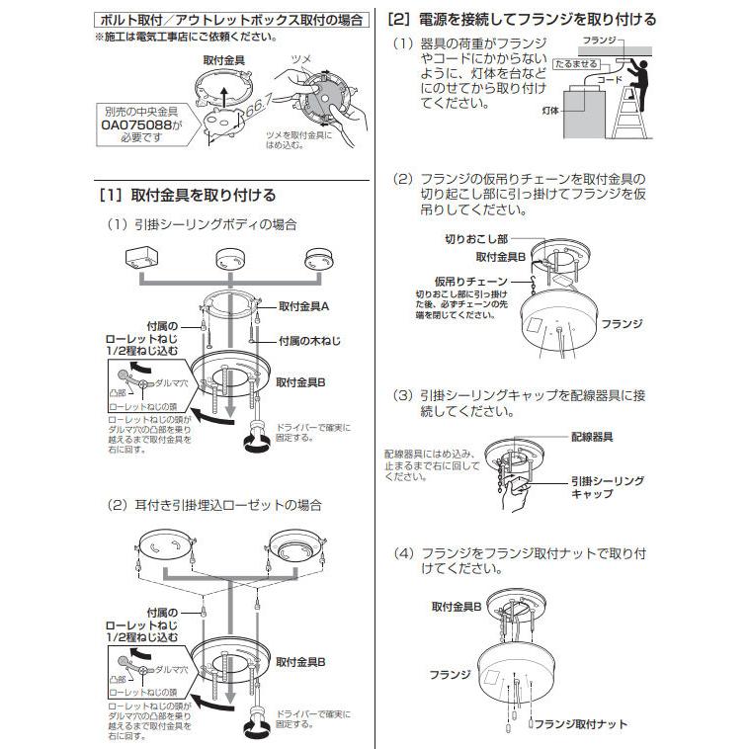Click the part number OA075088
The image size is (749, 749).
coord(140,126)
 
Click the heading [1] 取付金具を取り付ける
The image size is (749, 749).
coord(187,195)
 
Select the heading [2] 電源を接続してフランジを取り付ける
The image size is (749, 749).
coord(522,19)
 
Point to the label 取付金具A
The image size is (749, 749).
coord(304,307)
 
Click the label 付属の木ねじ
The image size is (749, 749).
coord(309,340)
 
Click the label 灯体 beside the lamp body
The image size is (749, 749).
coord(551,113)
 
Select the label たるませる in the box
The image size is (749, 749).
coord(577,62)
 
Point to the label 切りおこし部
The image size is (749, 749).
coord(475,240)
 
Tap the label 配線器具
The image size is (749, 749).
coord(593,436)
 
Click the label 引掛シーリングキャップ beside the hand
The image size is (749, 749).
coord(606,486)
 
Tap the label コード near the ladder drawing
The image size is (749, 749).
coord(611,75)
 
